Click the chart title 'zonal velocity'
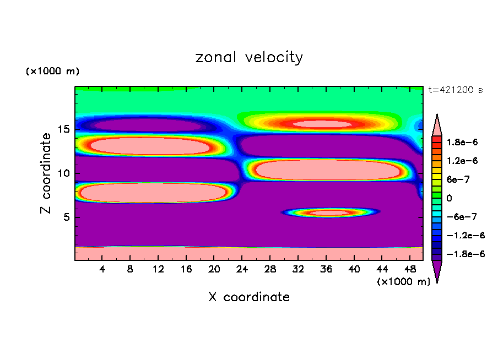click(x=249, y=57)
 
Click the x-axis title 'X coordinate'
click(x=249, y=297)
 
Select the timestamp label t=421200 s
click(x=456, y=90)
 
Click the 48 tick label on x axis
click(x=410, y=270)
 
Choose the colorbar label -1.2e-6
click(x=463, y=235)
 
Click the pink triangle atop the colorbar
click(x=437, y=124)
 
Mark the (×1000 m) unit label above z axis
click(x=53, y=72)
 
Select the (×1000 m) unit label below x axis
click(x=404, y=282)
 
